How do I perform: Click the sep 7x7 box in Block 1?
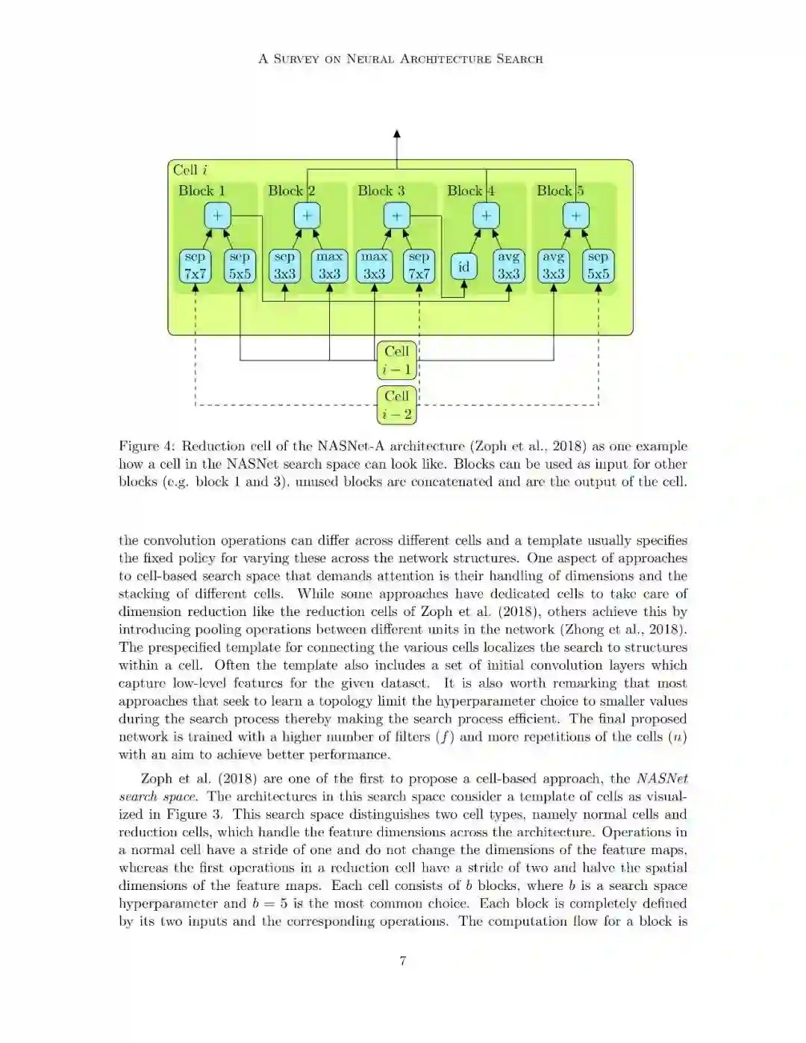(195, 266)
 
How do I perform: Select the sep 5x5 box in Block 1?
(240, 266)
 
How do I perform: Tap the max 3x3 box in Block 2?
(329, 266)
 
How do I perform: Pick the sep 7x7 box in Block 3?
(419, 266)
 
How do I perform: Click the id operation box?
(463, 267)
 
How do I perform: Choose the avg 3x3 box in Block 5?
(553, 266)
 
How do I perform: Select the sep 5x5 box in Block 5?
(598, 266)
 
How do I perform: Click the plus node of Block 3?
(396, 216)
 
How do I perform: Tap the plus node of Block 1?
(217, 216)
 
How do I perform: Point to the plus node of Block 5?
(575, 216)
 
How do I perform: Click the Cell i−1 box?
(396, 360)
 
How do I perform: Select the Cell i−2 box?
(396, 405)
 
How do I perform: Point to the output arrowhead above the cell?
(396, 134)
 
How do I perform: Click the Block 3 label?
(381, 191)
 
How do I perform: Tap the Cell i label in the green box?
(190, 170)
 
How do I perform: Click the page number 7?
(403, 961)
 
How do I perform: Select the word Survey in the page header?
(297, 59)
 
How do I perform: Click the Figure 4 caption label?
(146, 446)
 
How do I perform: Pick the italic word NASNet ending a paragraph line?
(662, 779)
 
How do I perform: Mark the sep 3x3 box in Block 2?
(284, 266)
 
